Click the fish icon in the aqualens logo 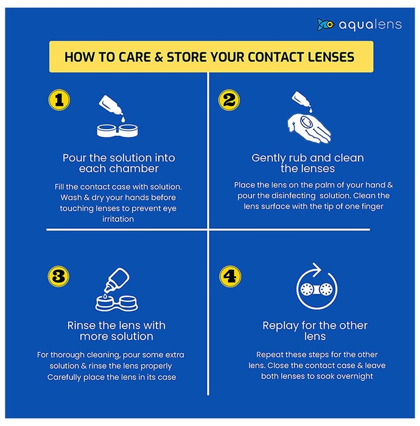coord(325,25)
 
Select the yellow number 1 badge coord(59,100)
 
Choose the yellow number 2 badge coord(229,100)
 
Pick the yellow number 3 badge coord(58,276)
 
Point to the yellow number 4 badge coord(230,276)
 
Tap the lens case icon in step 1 coord(117,131)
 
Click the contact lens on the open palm coord(307,122)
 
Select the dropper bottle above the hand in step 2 coord(301,100)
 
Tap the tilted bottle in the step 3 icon coord(117,279)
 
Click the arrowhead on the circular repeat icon coord(317,270)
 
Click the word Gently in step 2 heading coord(268,158)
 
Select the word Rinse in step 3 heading coord(81,326)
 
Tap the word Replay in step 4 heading coord(281,326)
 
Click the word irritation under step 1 coord(118,219)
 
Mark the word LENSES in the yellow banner coord(331,57)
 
